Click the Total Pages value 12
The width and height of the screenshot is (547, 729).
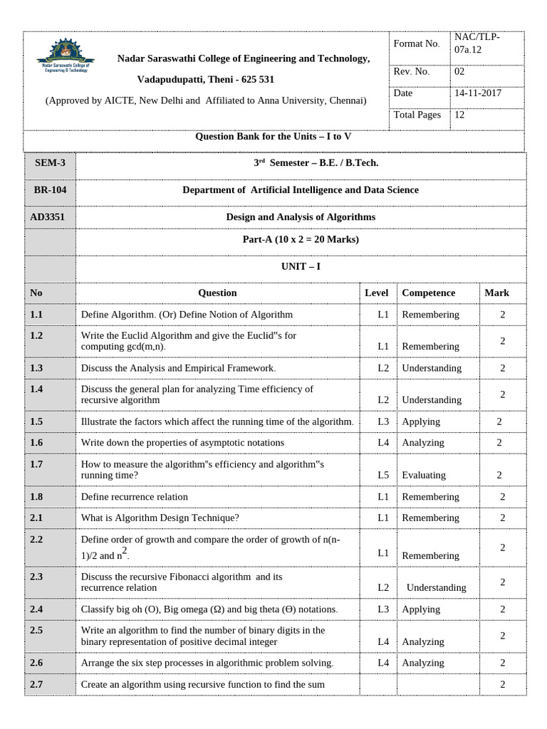460,115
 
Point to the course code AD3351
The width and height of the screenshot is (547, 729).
49,216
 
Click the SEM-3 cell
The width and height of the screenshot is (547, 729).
49,163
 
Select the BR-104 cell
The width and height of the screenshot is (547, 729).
49,190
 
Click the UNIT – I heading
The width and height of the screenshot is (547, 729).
300,265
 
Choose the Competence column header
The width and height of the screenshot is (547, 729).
428,293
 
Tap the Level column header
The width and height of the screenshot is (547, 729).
376,293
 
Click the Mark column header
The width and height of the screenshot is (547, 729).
496,293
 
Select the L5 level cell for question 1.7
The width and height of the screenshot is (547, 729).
383,475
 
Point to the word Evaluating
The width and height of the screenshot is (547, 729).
424,475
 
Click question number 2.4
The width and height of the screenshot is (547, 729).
37,609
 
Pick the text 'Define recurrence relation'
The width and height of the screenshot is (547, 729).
135,497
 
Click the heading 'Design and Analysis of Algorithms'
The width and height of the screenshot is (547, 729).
300,216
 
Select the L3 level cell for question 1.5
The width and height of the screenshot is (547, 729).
383,421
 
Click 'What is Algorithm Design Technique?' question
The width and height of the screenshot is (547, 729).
160,518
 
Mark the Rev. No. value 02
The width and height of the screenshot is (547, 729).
459,71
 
